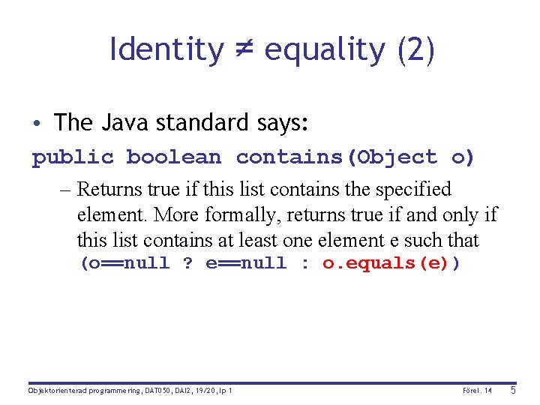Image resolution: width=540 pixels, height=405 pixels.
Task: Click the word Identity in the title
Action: point(166,50)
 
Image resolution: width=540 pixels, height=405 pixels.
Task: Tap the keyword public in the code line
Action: point(73,157)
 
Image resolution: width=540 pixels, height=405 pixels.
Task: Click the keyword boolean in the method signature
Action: point(173,157)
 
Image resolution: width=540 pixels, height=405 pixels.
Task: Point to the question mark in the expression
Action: point(187,263)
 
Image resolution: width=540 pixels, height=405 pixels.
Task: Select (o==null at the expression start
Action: point(124,263)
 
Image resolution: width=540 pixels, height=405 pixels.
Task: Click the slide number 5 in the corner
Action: point(513,390)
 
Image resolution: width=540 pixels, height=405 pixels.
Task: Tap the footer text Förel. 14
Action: point(478,391)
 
